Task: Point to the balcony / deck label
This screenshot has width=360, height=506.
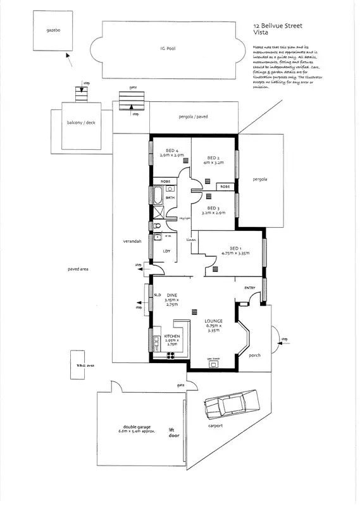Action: click(80, 124)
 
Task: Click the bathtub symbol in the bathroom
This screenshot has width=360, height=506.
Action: click(155, 197)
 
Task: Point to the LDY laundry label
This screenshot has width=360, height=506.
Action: click(166, 251)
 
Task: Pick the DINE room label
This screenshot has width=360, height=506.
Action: click(171, 295)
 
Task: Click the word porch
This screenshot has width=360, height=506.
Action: click(254, 354)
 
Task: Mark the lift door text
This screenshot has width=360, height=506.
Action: click(171, 433)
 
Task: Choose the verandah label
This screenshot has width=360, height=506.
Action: click(132, 242)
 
